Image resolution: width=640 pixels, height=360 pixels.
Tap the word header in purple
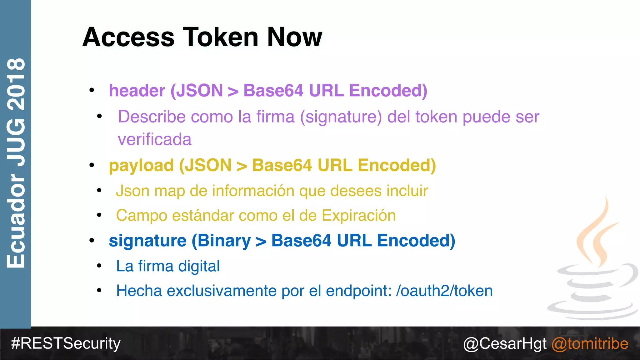pyautogui.click(x=137, y=91)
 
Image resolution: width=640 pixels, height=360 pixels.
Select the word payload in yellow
pyautogui.click(x=141, y=165)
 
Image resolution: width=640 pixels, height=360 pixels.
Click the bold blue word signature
pyautogui.click(x=147, y=241)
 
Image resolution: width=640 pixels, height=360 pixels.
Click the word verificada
pyautogui.click(x=154, y=139)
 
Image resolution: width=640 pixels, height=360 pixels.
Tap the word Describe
pyautogui.click(x=152, y=117)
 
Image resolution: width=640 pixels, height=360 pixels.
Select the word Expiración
pyautogui.click(x=359, y=216)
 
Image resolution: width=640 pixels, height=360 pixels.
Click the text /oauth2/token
pyautogui.click(x=444, y=291)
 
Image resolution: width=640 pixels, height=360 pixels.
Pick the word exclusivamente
pyautogui.click(x=221, y=291)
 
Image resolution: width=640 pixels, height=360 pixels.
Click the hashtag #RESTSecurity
pyautogui.click(x=66, y=343)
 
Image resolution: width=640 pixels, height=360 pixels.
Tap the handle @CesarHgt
pyautogui.click(x=505, y=344)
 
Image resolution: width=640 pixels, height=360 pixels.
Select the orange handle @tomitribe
pyautogui.click(x=590, y=344)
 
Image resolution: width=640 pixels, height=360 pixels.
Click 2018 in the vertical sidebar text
pyautogui.click(x=16, y=84)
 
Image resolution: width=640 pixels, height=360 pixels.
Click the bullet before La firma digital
pyautogui.click(x=99, y=266)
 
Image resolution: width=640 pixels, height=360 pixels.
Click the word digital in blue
pyautogui.click(x=199, y=266)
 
